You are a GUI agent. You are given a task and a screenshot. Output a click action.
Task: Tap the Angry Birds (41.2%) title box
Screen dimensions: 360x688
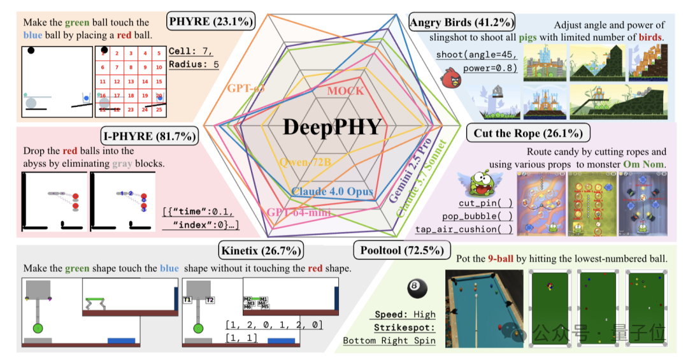[462, 23]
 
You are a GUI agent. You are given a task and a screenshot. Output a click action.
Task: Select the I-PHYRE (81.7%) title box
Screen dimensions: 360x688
[149, 136]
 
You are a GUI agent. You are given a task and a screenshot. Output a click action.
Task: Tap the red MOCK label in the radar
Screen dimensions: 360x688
[345, 91]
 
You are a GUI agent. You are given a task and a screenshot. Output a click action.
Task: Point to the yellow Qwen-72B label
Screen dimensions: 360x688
[305, 162]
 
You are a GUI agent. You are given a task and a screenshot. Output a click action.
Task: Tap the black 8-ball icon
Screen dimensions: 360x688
[416, 289]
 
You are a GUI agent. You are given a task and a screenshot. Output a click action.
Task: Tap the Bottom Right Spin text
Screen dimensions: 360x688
[389, 340]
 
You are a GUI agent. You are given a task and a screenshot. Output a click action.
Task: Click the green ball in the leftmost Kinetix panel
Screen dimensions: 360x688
[38, 328]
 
